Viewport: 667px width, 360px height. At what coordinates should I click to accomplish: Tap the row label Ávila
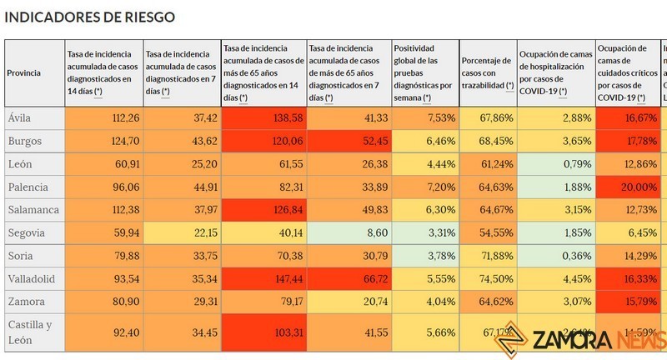(20, 118)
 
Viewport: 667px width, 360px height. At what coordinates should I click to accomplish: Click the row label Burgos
(24, 141)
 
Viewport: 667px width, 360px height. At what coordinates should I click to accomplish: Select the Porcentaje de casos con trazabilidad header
(487, 72)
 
